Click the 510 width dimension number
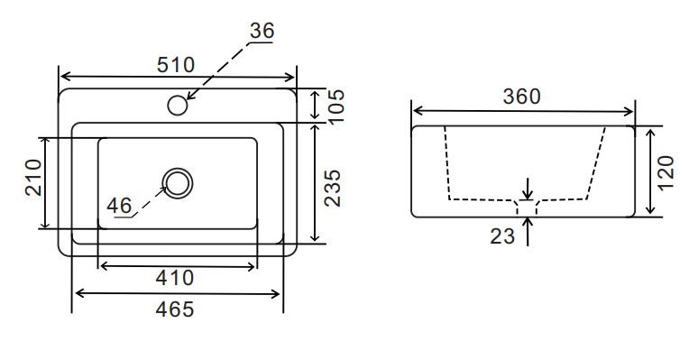(176, 65)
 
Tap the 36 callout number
(262, 31)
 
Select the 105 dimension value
(336, 106)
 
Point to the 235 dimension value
(333, 188)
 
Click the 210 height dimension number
(33, 178)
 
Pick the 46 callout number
(119, 206)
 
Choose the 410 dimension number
(175, 278)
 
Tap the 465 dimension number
(175, 309)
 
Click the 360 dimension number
(521, 97)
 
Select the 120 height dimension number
(666, 172)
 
